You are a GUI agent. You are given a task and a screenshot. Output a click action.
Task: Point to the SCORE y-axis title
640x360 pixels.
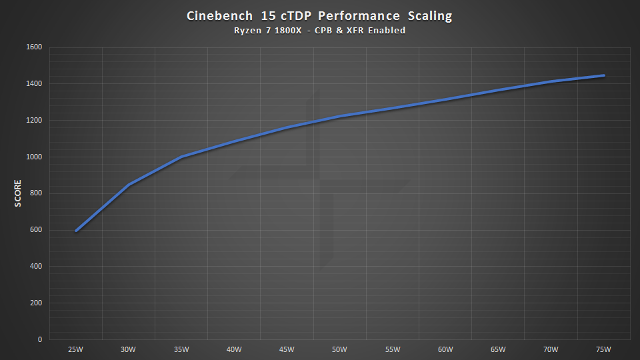18,193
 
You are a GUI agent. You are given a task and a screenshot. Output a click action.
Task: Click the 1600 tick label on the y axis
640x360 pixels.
34,47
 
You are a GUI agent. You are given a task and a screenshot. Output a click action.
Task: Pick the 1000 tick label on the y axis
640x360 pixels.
34,157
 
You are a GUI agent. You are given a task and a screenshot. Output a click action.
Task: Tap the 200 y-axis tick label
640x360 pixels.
36,303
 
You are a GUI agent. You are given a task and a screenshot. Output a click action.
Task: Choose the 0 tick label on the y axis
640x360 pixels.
40,339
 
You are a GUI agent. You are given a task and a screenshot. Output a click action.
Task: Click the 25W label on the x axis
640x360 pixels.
75,349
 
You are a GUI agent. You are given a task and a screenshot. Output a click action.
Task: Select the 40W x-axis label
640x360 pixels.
234,349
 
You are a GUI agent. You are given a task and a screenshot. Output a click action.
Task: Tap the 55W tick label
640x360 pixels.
393,349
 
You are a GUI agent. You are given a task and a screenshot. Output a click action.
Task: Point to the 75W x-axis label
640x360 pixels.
604,349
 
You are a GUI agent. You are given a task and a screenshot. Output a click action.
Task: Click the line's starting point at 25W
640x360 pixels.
76,231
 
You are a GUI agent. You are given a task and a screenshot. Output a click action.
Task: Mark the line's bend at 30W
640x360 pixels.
129,185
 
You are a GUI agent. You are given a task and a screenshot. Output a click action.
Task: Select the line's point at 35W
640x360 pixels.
181,157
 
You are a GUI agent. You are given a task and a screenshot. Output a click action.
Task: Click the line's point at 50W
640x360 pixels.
340,117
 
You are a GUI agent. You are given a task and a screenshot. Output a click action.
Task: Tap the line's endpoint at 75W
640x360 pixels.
604,75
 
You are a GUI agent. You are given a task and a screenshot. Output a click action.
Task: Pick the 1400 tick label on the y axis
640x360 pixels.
34,84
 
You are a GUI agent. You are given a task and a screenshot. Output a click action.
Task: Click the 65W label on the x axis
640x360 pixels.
498,349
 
